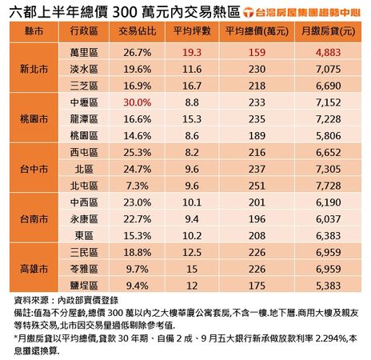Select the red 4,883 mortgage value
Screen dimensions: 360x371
[x=323, y=51]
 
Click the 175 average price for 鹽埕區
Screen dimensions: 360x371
[x=257, y=286]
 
